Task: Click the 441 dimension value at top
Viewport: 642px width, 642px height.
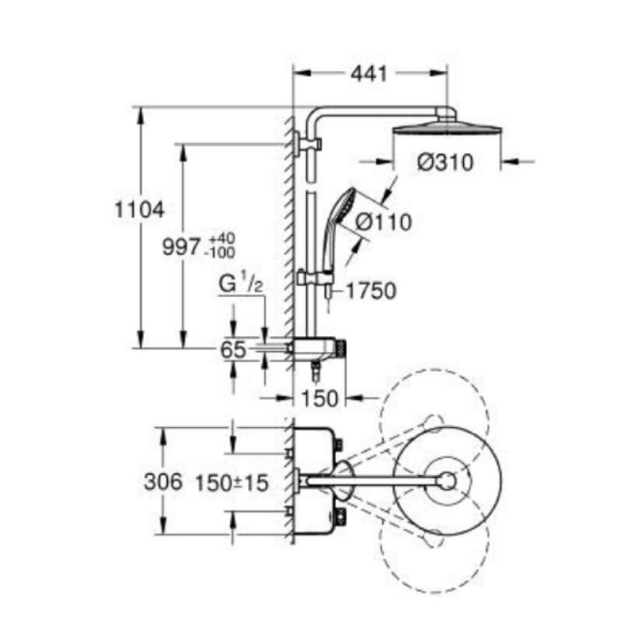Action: [369, 74]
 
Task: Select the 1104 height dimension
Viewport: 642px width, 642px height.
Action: [140, 210]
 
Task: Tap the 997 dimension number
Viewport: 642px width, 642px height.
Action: [181, 247]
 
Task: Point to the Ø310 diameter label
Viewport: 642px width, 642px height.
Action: [446, 162]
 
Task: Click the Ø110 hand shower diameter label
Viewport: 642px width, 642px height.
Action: [384, 222]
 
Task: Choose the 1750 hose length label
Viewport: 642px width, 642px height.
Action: [371, 291]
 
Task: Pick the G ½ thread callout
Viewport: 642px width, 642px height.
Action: [241, 283]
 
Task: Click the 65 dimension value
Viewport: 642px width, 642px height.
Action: [233, 350]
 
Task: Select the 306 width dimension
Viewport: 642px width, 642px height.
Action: [163, 481]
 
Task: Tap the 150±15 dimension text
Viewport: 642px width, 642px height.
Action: [232, 482]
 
